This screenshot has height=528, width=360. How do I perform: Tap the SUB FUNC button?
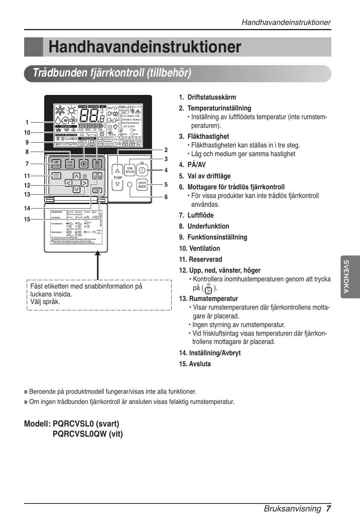[70, 164]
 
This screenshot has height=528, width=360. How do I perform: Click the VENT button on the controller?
[97, 164]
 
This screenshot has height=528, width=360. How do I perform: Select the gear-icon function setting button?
[84, 164]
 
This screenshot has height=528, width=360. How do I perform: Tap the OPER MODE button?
[142, 185]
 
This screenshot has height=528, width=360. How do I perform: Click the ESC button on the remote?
[97, 190]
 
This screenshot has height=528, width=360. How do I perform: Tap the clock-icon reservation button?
[56, 176]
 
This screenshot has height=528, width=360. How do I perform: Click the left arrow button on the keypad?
[69, 183]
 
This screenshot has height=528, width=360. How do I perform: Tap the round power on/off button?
[142, 170]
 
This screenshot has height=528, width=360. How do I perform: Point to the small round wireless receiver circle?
[130, 185]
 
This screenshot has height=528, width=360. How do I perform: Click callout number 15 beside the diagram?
[27, 219]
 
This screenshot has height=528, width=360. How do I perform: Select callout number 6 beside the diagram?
[166, 197]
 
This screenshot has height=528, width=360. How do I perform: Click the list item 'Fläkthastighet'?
[208, 137]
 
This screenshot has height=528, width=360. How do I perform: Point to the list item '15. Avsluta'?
[195, 364]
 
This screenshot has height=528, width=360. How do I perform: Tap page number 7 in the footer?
[329, 508]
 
